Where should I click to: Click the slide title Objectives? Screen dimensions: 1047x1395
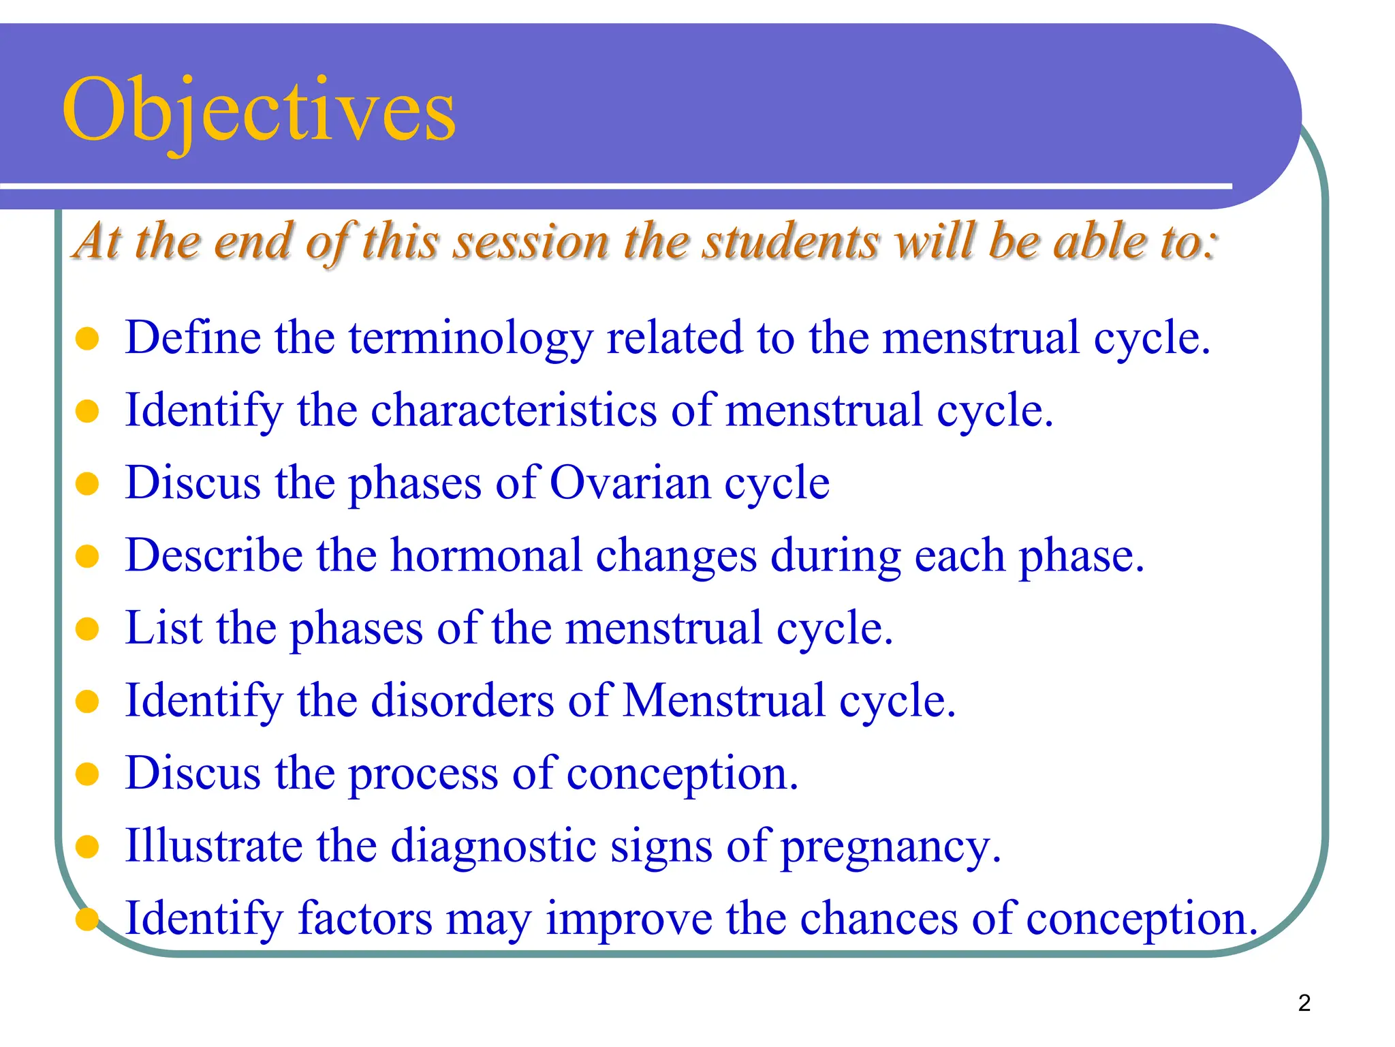click(x=259, y=110)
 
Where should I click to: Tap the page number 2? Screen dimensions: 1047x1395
click(x=1304, y=1003)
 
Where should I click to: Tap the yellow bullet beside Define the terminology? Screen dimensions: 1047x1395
click(x=87, y=339)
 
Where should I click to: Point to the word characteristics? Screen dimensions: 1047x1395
click(x=514, y=411)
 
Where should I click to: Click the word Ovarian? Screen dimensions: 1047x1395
click(x=629, y=483)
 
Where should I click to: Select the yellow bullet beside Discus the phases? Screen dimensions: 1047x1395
click(x=87, y=484)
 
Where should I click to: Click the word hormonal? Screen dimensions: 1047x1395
click(x=486, y=556)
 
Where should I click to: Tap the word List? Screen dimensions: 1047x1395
click(x=164, y=628)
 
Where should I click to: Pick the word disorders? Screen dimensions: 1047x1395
click(x=463, y=701)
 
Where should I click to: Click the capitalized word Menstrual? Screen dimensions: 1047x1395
click(x=723, y=701)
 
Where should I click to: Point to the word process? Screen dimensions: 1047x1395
click(x=423, y=775)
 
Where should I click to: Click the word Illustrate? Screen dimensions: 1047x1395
click(x=214, y=846)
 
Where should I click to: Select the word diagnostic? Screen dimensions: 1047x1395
click(x=493, y=847)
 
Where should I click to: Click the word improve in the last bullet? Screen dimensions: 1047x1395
click(x=628, y=920)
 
